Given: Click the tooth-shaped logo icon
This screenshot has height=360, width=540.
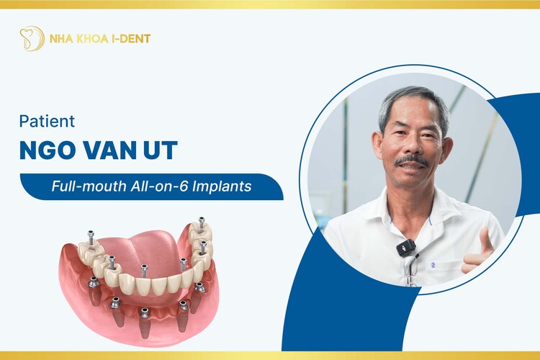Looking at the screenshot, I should click(32, 38).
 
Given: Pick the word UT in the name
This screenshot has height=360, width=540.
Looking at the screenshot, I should click(162, 152).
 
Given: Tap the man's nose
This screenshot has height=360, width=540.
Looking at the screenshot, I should click(412, 146).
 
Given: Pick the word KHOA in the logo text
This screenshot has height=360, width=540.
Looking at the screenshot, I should click(91, 38).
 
